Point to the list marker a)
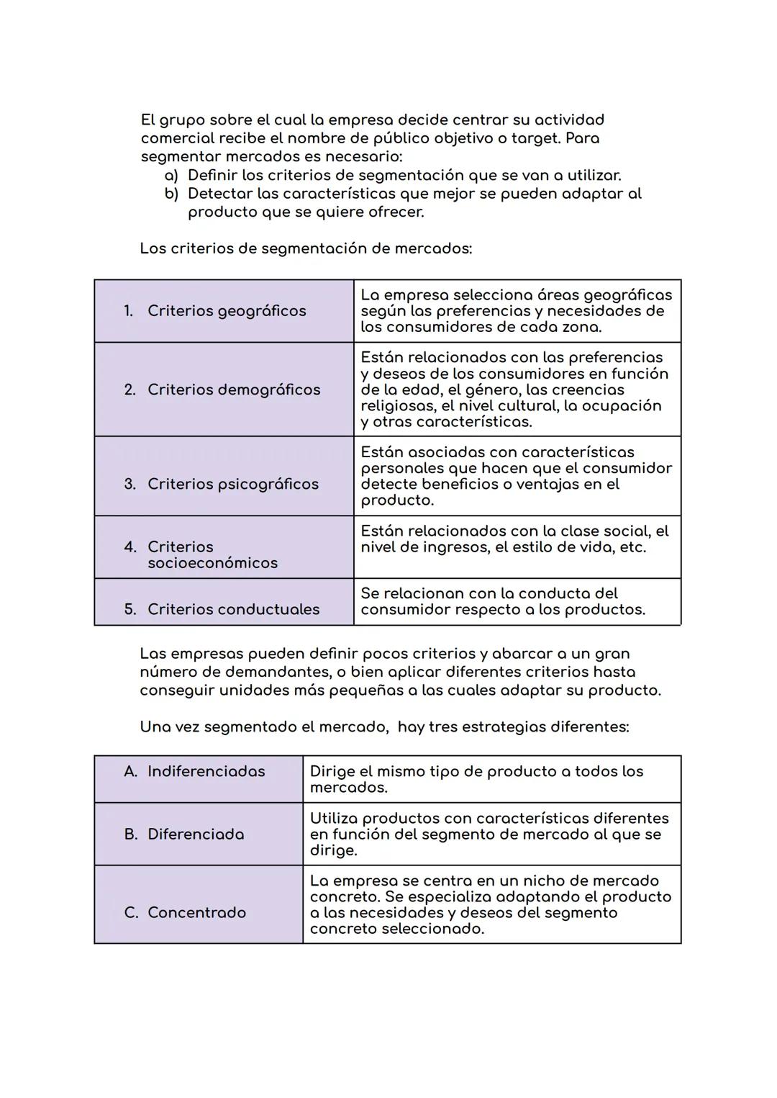coord(171,176)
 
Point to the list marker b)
coord(171,194)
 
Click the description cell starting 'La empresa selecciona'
coord(516,311)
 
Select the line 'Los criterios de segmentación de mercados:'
coord(306,248)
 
